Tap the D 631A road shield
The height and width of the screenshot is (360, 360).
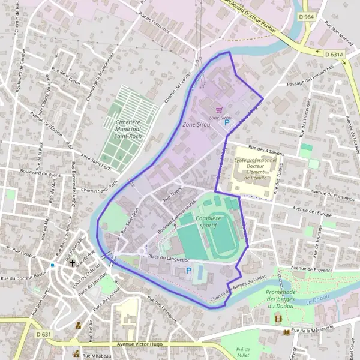click(335, 54)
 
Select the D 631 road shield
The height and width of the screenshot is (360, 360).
click(43, 334)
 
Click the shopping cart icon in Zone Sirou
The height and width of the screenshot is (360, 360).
click(219, 110)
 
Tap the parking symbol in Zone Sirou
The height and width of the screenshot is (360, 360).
click(227, 122)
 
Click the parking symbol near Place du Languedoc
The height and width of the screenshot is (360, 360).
click(188, 271)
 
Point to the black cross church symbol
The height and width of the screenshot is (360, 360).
click(73, 262)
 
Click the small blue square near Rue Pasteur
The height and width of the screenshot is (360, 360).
click(53, 265)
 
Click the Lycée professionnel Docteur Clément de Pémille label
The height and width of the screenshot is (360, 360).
click(256, 170)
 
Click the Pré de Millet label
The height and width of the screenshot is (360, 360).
click(242, 352)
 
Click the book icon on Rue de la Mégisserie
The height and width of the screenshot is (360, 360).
click(287, 331)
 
